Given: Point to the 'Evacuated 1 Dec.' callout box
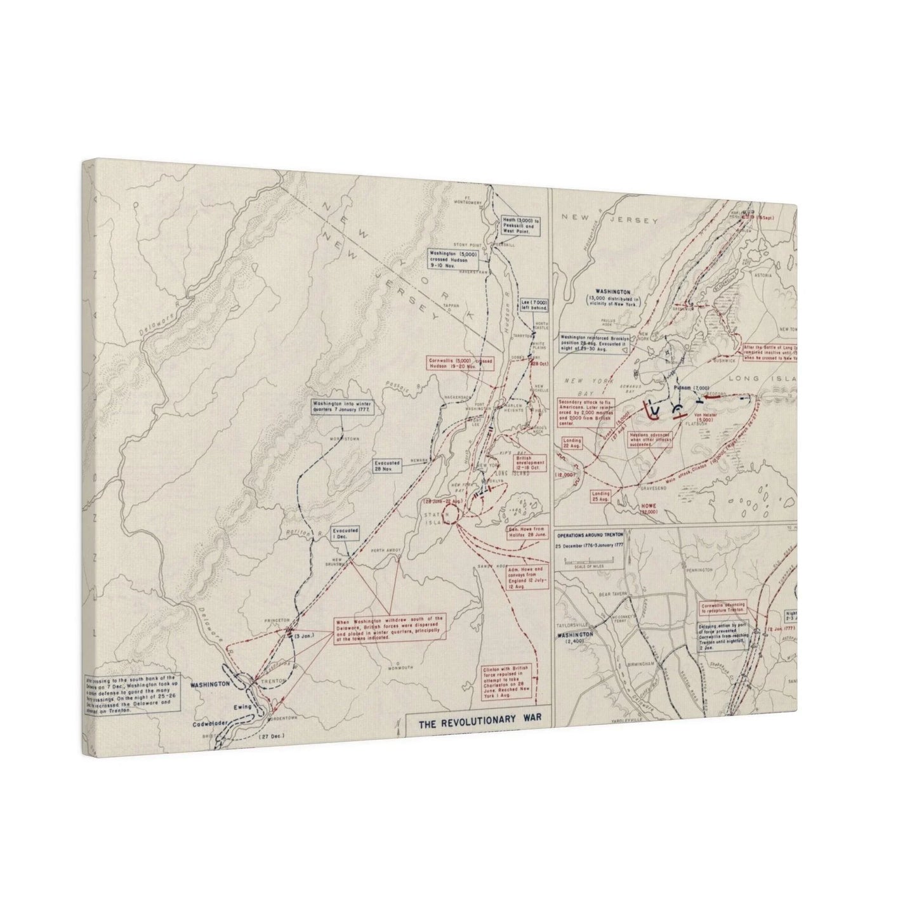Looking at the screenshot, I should tap(345, 532).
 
